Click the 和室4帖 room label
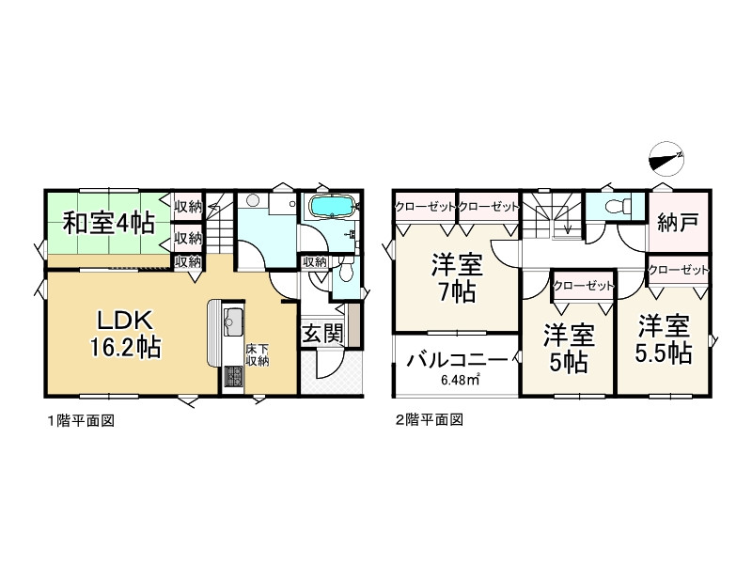[108, 224]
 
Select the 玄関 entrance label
[321, 334]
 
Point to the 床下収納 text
[257, 355]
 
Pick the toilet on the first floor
[344, 272]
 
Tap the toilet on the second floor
[616, 206]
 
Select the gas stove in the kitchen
[232, 377]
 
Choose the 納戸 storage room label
[677, 225]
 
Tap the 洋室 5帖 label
[568, 347]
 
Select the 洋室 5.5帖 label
[664, 339]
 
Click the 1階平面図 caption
[81, 421]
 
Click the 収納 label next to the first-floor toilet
[315, 262]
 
